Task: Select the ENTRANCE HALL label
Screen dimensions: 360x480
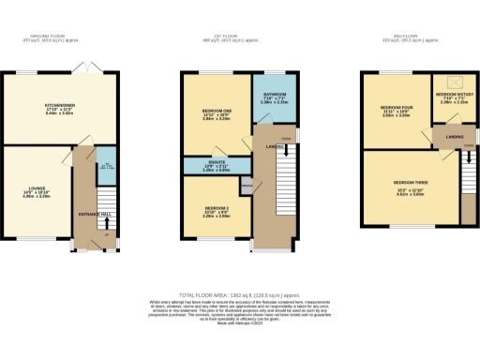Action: [96, 215]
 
